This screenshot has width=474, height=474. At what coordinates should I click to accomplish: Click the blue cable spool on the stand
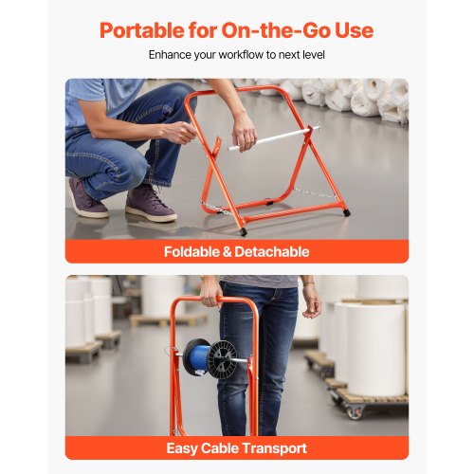coord(199,357)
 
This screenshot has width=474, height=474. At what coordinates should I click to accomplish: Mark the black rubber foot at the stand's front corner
coord(244,230)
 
